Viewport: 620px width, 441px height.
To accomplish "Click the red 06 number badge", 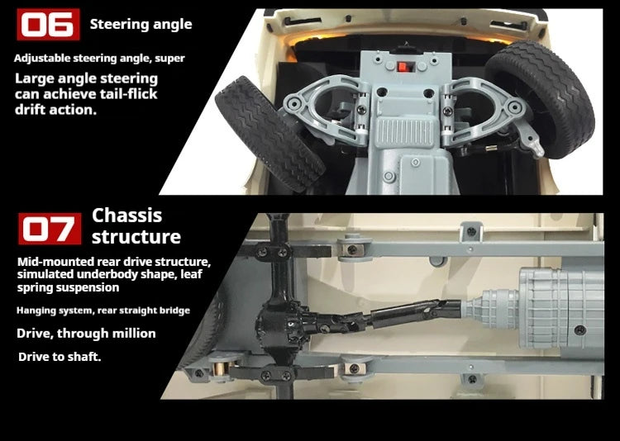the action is (x=48, y=25).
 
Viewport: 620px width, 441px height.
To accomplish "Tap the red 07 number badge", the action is (x=50, y=229).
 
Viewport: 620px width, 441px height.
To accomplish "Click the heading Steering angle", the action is (x=141, y=25).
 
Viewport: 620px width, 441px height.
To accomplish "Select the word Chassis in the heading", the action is (x=127, y=216).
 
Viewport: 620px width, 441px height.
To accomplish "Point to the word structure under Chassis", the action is (x=136, y=237).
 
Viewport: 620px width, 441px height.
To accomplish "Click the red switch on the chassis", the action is (x=403, y=67).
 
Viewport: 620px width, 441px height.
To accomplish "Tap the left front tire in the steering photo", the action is (x=269, y=134).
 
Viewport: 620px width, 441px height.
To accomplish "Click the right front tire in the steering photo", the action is (x=540, y=99).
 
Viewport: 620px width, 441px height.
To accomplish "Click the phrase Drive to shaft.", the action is (x=60, y=357).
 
